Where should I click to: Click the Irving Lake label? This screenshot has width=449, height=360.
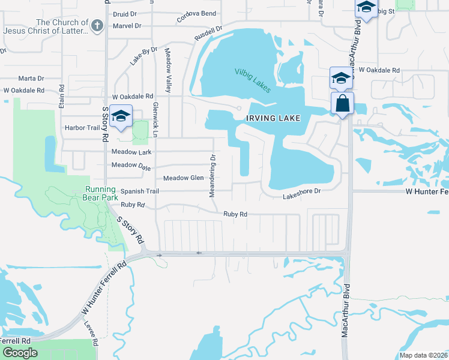(x=273, y=119)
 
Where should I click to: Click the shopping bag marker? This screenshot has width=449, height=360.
(x=342, y=103)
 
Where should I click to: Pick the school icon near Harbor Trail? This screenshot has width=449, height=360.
(x=121, y=116)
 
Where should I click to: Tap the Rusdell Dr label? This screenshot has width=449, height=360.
(x=208, y=34)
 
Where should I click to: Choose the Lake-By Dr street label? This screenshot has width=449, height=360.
(x=143, y=55)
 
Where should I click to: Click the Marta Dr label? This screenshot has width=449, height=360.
(x=31, y=79)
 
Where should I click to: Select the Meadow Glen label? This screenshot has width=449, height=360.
(x=184, y=178)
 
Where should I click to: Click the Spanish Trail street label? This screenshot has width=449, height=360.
(x=139, y=191)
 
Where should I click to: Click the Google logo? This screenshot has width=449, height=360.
(x=20, y=353)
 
